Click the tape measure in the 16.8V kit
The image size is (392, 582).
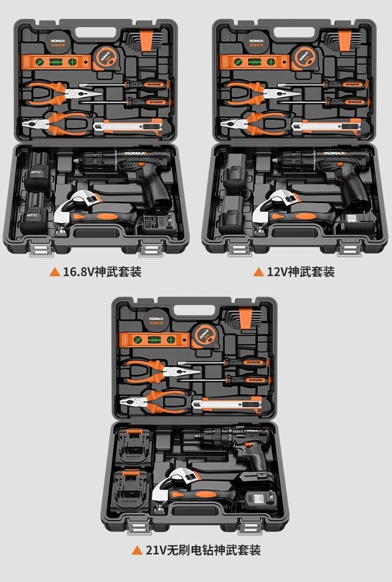click(106, 57)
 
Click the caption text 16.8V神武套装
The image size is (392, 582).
click(102, 272)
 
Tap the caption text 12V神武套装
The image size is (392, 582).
click(300, 272)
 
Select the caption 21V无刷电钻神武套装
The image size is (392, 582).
click(203, 550)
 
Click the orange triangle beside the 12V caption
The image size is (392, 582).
click(258, 272)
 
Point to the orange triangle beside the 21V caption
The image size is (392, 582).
click(137, 550)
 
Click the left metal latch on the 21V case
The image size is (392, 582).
click(135, 528)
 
